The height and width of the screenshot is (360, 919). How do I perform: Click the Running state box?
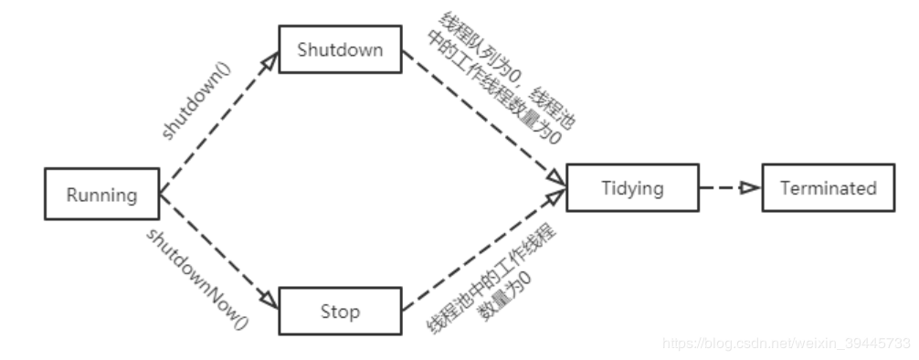(x=101, y=195)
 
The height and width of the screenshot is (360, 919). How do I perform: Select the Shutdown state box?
(x=340, y=50)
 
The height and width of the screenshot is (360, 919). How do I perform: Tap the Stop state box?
(x=340, y=312)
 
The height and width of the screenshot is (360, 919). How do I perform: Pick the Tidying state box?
(x=632, y=189)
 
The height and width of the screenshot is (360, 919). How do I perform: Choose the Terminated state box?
(x=828, y=189)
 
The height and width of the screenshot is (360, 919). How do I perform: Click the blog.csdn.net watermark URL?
(x=786, y=344)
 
